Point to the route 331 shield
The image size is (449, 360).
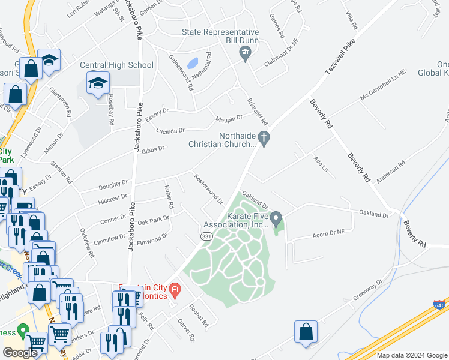[x=205, y=238]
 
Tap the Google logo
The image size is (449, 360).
[x=20, y=352]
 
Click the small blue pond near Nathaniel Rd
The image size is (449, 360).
[x=193, y=63]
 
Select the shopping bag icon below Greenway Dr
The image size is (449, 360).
[x=306, y=333]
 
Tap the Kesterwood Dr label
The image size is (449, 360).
[x=208, y=188]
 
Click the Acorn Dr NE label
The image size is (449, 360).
[x=328, y=233]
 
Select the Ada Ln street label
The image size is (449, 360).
[x=321, y=163]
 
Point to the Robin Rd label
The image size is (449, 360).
[x=169, y=197]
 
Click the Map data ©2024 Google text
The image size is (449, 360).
[x=411, y=355]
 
